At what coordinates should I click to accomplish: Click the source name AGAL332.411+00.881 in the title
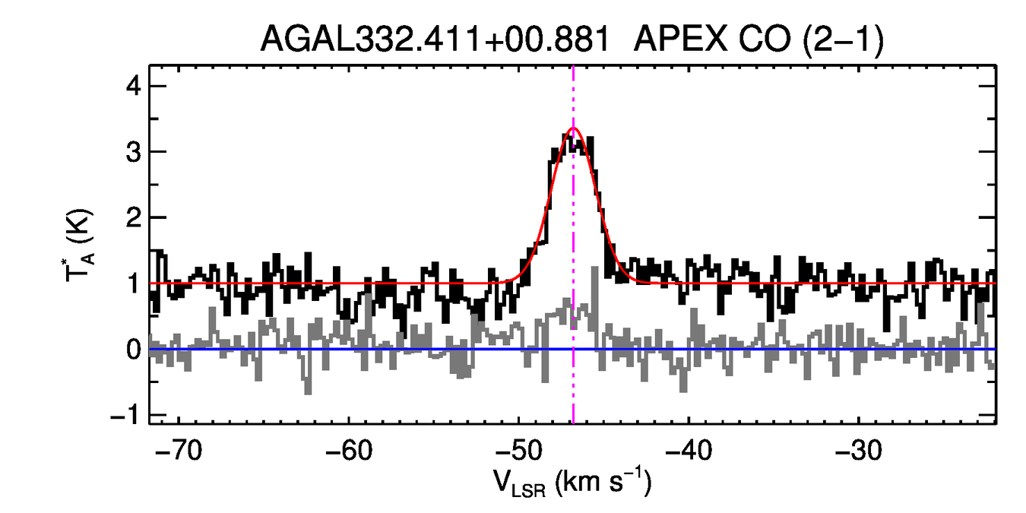[x=435, y=39]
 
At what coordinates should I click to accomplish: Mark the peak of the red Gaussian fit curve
[x=573, y=128]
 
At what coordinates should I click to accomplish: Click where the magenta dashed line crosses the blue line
[x=573, y=349]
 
